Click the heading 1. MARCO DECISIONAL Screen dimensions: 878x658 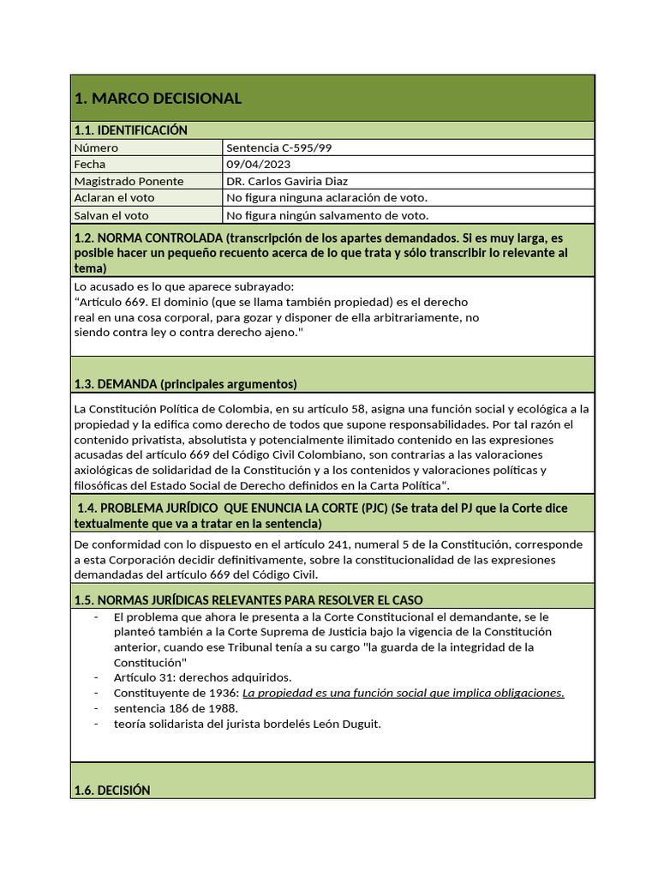(159, 99)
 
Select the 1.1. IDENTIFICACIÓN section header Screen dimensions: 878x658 (130, 130)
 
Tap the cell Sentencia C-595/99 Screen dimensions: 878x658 (279, 147)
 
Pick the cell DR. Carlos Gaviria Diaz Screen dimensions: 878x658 (287, 181)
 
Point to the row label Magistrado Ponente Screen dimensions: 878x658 (129, 181)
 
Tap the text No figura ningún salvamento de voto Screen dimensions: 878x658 (327, 215)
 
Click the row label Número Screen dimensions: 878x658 (97, 147)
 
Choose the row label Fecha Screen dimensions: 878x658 (90, 164)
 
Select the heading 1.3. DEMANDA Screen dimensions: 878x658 (185, 383)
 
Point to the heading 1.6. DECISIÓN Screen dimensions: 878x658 (112, 791)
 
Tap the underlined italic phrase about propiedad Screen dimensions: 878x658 (404, 693)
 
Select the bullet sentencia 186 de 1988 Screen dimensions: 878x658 (176, 708)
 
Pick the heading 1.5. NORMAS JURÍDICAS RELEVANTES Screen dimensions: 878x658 (248, 599)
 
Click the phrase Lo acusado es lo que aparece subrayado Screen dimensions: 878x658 (184, 286)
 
